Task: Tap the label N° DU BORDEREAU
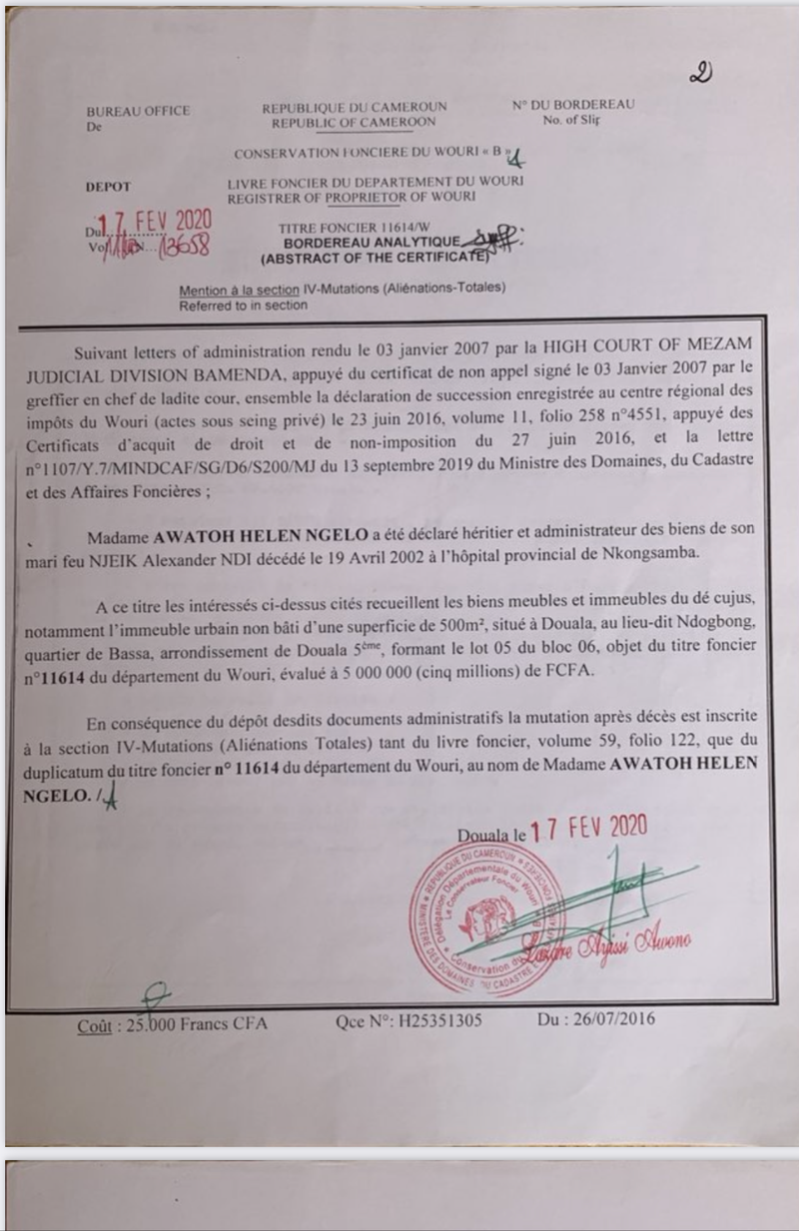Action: click(574, 104)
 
